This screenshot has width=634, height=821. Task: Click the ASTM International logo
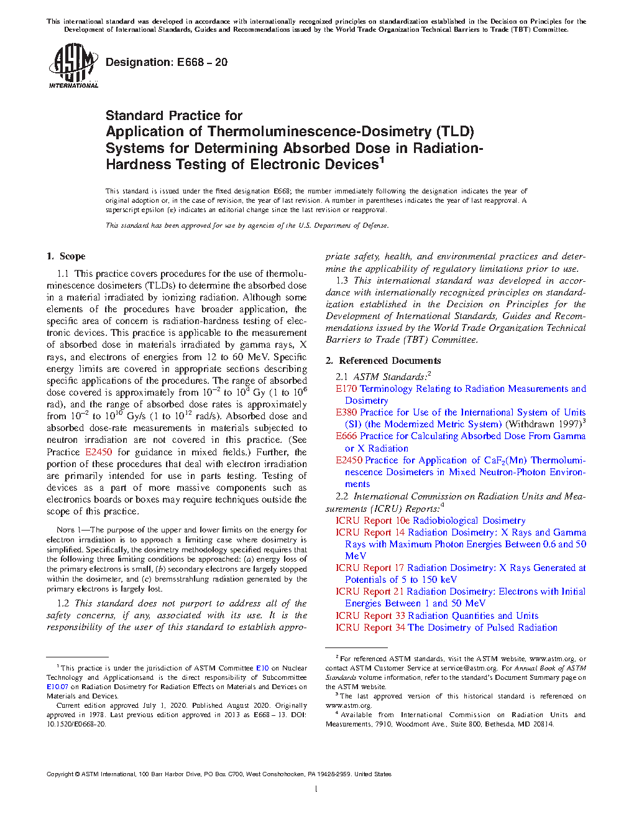pyautogui.click(x=73, y=65)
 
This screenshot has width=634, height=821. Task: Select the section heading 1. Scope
pyautogui.click(x=66, y=256)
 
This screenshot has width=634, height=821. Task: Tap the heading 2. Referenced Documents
pyautogui.click(x=384, y=361)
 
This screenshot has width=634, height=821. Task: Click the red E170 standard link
pyautogui.click(x=346, y=389)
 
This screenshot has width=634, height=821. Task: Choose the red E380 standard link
pyautogui.click(x=346, y=412)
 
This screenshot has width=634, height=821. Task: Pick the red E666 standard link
pyautogui.click(x=346, y=436)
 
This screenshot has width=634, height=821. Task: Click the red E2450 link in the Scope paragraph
pyautogui.click(x=98, y=452)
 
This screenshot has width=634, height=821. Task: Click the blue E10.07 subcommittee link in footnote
pyautogui.click(x=57, y=687)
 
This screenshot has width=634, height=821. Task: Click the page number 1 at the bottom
pyautogui.click(x=316, y=789)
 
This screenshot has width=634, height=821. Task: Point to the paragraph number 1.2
pyautogui.click(x=63, y=603)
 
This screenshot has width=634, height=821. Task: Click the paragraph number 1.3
pyautogui.click(x=342, y=281)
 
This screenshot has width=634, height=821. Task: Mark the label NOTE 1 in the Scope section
pyautogui.click(x=65, y=530)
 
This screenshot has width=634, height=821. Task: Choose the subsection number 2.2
pyautogui.click(x=342, y=496)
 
